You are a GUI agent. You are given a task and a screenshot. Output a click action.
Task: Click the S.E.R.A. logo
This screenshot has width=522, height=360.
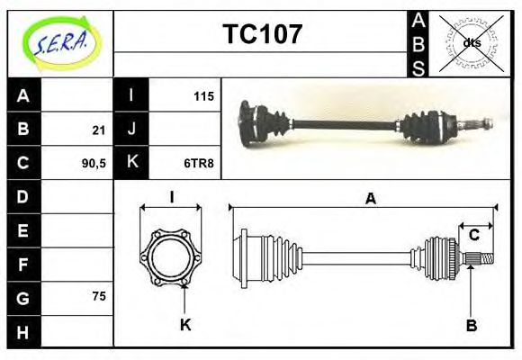59,42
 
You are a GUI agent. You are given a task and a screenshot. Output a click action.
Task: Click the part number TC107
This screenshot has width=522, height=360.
262,35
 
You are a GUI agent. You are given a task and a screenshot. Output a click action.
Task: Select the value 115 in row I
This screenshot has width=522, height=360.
203,95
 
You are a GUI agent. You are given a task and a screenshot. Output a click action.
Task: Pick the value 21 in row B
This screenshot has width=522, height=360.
98,130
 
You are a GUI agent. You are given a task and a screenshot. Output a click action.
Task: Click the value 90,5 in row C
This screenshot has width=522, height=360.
94,163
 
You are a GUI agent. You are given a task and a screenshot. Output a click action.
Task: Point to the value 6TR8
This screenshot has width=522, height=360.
200,163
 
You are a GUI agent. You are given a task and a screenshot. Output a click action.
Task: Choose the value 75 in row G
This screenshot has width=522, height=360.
98,295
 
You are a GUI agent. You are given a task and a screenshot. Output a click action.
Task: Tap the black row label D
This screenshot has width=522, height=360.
22,196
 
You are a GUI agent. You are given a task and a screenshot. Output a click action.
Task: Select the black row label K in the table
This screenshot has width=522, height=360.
131,163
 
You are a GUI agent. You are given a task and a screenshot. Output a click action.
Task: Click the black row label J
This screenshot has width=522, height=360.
131,130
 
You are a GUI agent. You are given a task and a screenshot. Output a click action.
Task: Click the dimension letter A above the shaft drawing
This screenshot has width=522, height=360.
370,199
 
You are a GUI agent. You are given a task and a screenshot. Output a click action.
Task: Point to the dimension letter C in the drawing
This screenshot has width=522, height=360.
473,236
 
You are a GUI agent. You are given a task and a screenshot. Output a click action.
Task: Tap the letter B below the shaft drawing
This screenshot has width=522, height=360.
471,325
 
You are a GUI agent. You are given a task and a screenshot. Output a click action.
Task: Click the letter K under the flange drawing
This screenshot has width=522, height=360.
185,325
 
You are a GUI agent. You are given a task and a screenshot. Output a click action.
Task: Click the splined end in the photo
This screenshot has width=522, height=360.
481,122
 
